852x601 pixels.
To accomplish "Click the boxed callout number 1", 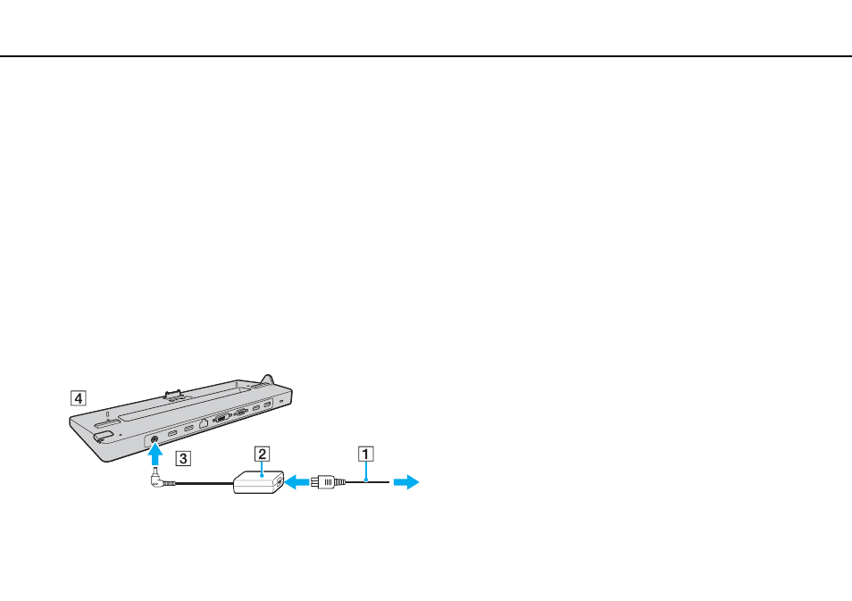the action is [365, 454].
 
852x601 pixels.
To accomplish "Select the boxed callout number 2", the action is [262, 454].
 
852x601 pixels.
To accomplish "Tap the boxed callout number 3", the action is [183, 458].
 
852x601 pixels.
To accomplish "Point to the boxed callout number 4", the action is [79, 398].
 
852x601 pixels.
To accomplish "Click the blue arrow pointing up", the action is [155, 455].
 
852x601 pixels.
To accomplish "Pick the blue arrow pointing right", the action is [405, 482].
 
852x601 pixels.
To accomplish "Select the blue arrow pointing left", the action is [297, 481].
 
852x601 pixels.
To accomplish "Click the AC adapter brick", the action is [259, 482].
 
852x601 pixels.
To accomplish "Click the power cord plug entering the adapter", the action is [328, 482].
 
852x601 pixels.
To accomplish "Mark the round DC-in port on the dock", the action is [154, 439].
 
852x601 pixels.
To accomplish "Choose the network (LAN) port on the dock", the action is [204, 422].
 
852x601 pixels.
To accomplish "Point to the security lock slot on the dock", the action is [281, 401].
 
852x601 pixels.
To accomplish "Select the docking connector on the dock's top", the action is [173, 395].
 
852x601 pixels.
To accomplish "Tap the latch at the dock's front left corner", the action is [102, 436].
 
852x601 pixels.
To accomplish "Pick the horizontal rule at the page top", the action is [426, 56].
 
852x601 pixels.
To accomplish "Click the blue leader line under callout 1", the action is [366, 471].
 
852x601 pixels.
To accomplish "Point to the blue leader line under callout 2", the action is [262, 469].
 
